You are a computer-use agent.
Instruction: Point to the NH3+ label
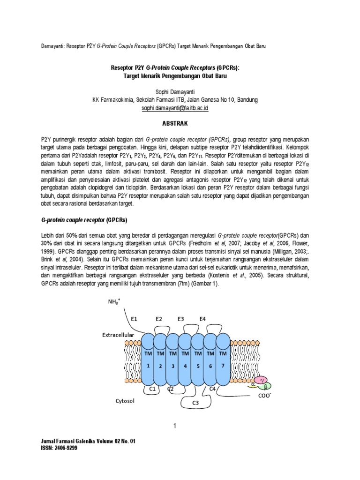coord(114,303)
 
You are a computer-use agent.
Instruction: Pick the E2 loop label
coord(159,319)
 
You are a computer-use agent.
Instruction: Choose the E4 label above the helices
coord(202,319)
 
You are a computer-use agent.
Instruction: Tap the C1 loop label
coord(152,389)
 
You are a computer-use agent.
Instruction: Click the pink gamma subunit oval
coord(263,379)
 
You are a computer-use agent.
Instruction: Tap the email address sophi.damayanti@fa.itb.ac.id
coord(174,107)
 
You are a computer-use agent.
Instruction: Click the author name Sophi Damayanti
coord(174,93)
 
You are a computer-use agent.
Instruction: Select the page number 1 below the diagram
coord(174,426)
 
